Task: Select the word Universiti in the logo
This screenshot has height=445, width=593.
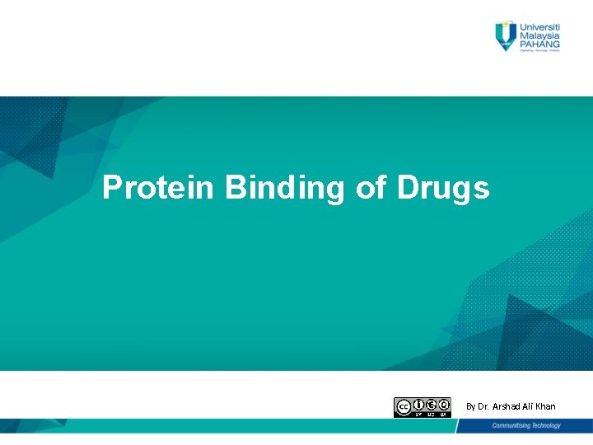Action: point(539,26)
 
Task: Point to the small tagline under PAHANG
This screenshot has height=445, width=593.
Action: point(539,52)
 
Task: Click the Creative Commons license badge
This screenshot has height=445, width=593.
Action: point(423,407)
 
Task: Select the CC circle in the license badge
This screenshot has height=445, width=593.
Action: point(404,406)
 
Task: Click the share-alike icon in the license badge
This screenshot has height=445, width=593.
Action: point(444,404)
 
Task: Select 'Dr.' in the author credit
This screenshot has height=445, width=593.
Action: point(483,406)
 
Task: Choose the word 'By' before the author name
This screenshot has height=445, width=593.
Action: point(470,406)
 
